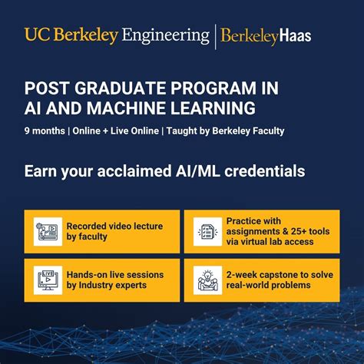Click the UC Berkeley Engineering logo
tap(117, 35)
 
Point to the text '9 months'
tap(44, 131)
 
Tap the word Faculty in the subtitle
tap(265, 131)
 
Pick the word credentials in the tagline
tap(260, 170)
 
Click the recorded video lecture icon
tap(47, 231)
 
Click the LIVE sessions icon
tap(47, 280)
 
